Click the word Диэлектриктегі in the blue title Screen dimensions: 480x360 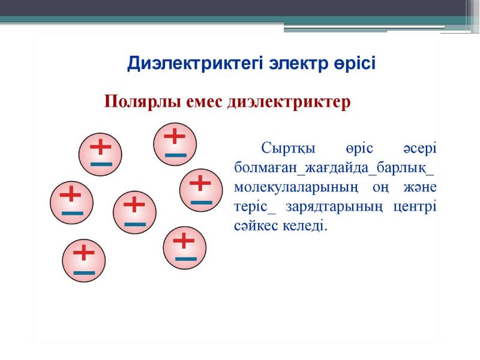click(194, 64)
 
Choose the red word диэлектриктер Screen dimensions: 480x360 click(289, 102)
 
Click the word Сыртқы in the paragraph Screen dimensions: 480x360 click(288, 149)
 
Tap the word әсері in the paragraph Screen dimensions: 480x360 click(419, 149)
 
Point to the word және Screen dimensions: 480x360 click(419, 187)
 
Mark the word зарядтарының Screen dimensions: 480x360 click(334, 207)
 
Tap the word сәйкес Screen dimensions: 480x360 click(255, 226)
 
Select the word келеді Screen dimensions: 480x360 click(305, 226)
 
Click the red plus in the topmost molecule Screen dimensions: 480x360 click(175, 136)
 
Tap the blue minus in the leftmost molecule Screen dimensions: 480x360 click(73, 214)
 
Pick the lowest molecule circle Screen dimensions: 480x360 click(84, 260)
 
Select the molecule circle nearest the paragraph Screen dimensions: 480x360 click(201, 190)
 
